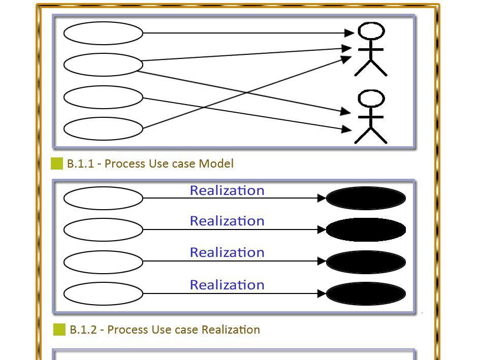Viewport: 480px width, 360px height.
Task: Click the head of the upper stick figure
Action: [371, 31]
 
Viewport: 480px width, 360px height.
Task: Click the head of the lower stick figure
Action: [371, 99]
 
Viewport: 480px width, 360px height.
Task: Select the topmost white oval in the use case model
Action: [103, 34]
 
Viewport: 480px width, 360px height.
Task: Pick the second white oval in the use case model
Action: [103, 65]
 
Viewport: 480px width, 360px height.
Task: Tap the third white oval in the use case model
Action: [103, 97]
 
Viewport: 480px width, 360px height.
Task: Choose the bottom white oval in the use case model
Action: [103, 128]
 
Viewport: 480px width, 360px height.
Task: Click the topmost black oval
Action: [366, 198]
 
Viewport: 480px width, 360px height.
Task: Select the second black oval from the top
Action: [366, 230]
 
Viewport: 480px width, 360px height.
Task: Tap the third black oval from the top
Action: [366, 261]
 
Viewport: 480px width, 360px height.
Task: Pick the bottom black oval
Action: [366, 293]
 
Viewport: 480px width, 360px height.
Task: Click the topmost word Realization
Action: [227, 190]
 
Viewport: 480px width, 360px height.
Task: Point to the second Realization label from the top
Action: [227, 221]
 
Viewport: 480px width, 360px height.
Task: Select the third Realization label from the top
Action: [227, 252]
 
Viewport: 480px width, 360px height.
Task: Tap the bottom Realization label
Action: [227, 285]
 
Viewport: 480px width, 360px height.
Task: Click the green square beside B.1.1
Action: [57, 163]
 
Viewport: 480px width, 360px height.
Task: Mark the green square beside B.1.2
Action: [59, 330]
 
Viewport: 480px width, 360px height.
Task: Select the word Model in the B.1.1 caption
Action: [216, 163]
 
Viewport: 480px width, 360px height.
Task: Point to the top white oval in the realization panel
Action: [103, 198]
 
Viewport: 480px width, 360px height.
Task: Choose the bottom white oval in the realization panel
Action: [103, 293]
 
